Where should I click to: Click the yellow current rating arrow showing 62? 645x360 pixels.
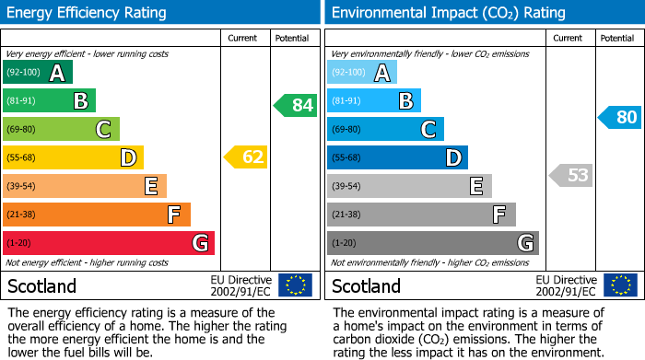click(246, 157)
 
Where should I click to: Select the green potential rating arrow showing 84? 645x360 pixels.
click(296, 105)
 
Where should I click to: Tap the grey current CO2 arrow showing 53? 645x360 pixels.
click(571, 175)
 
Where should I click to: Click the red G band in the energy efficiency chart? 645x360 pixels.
click(109, 243)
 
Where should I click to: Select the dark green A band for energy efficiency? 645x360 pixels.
click(38, 73)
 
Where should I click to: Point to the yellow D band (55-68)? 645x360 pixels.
click(73, 157)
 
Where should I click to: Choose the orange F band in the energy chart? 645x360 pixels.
click(97, 215)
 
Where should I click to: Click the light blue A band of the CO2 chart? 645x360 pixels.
click(362, 73)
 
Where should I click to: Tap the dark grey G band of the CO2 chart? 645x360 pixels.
click(433, 243)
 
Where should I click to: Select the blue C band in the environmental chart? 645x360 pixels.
click(385, 129)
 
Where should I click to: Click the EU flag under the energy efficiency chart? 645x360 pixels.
click(295, 285)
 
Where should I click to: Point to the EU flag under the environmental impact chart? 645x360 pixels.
click(621, 285)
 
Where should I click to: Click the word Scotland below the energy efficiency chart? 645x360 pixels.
click(42, 285)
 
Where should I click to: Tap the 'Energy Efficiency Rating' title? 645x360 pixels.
click(87, 13)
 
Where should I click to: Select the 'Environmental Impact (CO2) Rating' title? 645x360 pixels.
click(448, 13)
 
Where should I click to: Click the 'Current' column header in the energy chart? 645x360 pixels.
click(243, 38)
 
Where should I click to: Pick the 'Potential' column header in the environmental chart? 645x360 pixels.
click(616, 38)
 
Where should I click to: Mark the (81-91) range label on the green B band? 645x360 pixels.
click(22, 101)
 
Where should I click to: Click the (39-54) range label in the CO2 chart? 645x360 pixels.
click(347, 186)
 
